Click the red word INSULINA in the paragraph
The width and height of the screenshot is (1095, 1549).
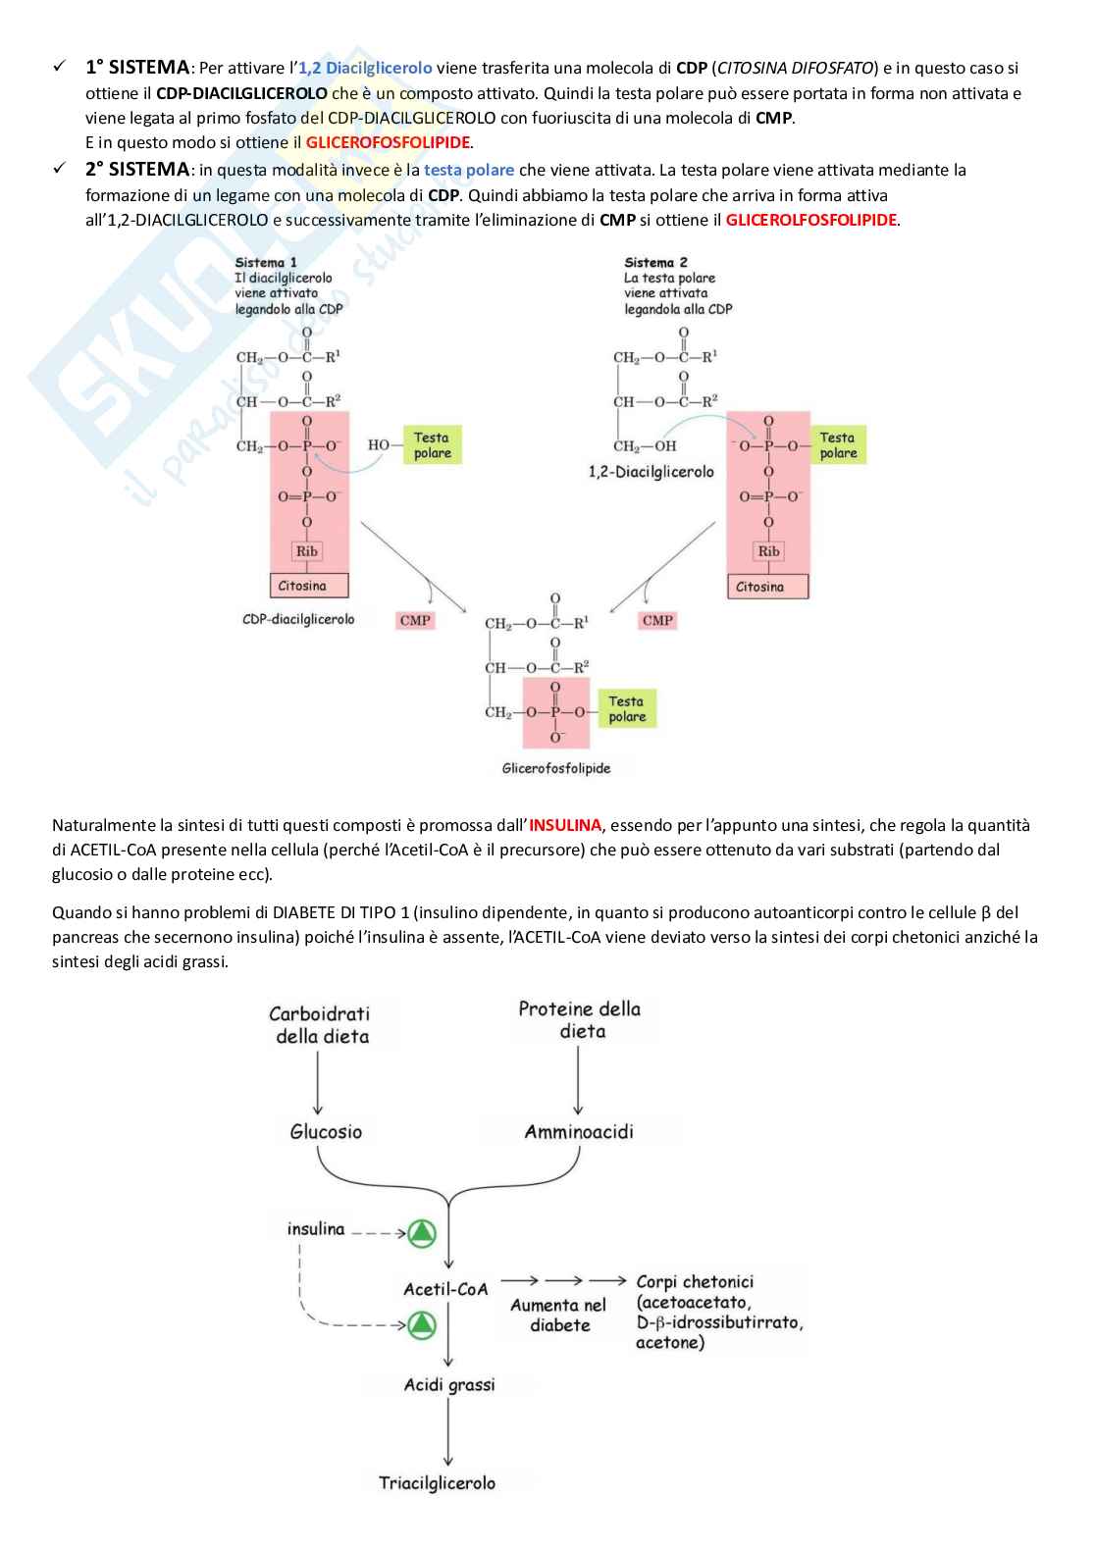pos(565,825)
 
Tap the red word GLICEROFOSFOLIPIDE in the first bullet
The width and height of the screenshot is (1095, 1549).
pos(388,142)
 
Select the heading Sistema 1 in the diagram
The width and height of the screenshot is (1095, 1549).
pos(266,263)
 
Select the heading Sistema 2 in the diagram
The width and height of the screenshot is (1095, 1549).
pos(655,263)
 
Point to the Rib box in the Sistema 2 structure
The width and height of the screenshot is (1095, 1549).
pos(768,551)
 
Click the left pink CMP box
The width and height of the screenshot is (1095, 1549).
pos(416,620)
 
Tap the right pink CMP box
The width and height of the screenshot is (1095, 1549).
pos(657,620)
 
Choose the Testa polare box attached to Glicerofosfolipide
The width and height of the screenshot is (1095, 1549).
pos(627,708)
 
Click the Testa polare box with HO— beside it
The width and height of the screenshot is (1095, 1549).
pos(432,445)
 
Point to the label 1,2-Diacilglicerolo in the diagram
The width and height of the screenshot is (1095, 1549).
pos(652,472)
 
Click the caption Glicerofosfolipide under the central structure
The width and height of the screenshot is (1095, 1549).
pos(555,768)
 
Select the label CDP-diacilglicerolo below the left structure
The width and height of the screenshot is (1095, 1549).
pos(298,619)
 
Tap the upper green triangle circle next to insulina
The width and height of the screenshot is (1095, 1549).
pos(421,1232)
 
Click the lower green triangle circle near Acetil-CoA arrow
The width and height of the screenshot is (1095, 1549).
pos(421,1324)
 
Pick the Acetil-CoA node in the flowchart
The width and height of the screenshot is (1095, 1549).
pos(445,1288)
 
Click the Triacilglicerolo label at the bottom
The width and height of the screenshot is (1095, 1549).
pos(437,1482)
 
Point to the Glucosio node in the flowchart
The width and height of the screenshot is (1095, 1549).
pos(326,1131)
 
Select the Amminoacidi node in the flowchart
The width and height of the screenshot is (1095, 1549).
pos(579,1131)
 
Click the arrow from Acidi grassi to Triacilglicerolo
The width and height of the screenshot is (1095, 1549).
pos(448,1432)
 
